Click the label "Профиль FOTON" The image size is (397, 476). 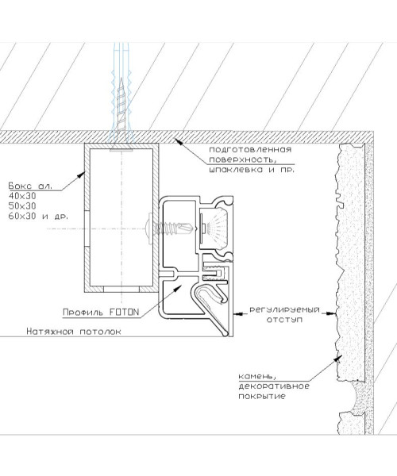coord(101,312)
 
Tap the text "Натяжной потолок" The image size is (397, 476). coord(74,331)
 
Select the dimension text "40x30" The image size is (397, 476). coord(22,196)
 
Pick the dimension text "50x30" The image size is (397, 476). coord(22,205)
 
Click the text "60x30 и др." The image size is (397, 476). coord(38,216)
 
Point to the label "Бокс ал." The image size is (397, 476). coord(30,186)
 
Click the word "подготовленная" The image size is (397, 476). coord(250,150)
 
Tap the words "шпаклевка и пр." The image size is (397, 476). coord(252,170)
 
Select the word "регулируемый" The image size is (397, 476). coord(284,310)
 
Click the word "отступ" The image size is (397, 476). coord(284,320)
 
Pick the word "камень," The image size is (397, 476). coord(257,377)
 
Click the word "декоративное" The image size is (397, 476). coord(274,386)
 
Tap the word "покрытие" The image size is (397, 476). coord(262,396)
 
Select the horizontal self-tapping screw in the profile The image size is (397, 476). coord(169,228)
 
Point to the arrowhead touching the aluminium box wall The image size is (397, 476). coord(82,175)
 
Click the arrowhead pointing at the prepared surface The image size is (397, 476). coord(179,141)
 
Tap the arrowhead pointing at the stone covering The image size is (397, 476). coord(338,359)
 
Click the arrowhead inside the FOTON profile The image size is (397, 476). coord(177,289)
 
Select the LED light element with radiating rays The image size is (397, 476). coord(215,226)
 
